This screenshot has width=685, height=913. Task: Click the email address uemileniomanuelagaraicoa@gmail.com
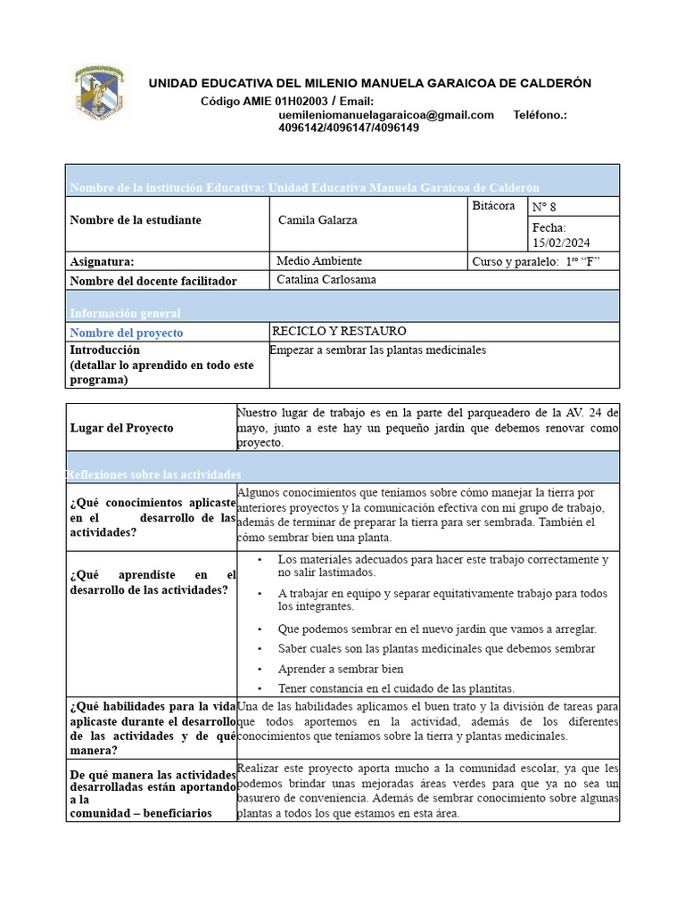[x=386, y=115]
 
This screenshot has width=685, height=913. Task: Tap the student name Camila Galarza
[x=318, y=220]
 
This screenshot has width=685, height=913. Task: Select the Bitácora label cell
[x=493, y=206]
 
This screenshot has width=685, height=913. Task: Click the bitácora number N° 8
[x=544, y=208]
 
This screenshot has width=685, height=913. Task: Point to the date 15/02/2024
[x=561, y=243]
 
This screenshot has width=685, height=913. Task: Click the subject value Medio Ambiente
[x=319, y=261]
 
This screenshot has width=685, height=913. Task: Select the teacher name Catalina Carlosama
[x=326, y=280]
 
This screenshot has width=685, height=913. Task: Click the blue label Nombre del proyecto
[x=127, y=333]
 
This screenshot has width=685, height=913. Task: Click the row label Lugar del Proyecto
[x=121, y=428]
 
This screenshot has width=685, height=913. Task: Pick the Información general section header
[x=125, y=313]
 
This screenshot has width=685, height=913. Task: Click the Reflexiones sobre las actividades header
[x=153, y=474]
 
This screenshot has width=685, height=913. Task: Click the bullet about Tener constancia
[x=396, y=688]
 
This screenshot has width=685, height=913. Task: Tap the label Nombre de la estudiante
[x=136, y=220]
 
